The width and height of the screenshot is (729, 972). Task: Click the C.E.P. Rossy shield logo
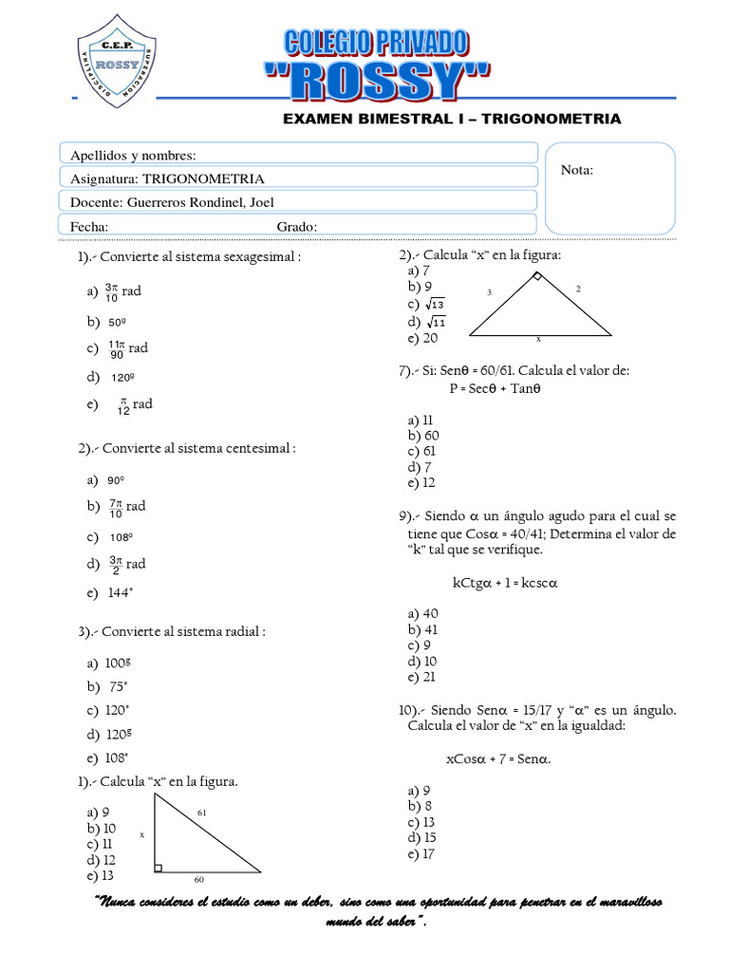117,59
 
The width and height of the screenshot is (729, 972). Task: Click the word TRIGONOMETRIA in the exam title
563,119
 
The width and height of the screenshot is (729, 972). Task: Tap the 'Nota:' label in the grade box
577,170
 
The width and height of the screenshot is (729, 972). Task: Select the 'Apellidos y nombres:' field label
134,155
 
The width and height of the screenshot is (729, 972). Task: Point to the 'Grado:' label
296,226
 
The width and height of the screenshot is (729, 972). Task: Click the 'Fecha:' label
89,226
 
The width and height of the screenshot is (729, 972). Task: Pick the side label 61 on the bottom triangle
201,813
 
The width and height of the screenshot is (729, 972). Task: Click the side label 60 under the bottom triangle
199,880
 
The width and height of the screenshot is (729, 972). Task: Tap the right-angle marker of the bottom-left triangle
158,867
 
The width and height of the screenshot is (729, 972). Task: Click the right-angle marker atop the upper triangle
536,277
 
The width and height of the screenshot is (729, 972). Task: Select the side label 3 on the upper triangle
490,293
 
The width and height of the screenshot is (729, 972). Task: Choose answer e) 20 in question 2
422,338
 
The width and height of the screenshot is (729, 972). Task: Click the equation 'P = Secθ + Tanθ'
495,388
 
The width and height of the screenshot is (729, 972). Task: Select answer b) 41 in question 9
422,629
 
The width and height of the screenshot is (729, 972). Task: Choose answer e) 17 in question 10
421,853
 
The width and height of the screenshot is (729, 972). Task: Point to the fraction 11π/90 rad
127,348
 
